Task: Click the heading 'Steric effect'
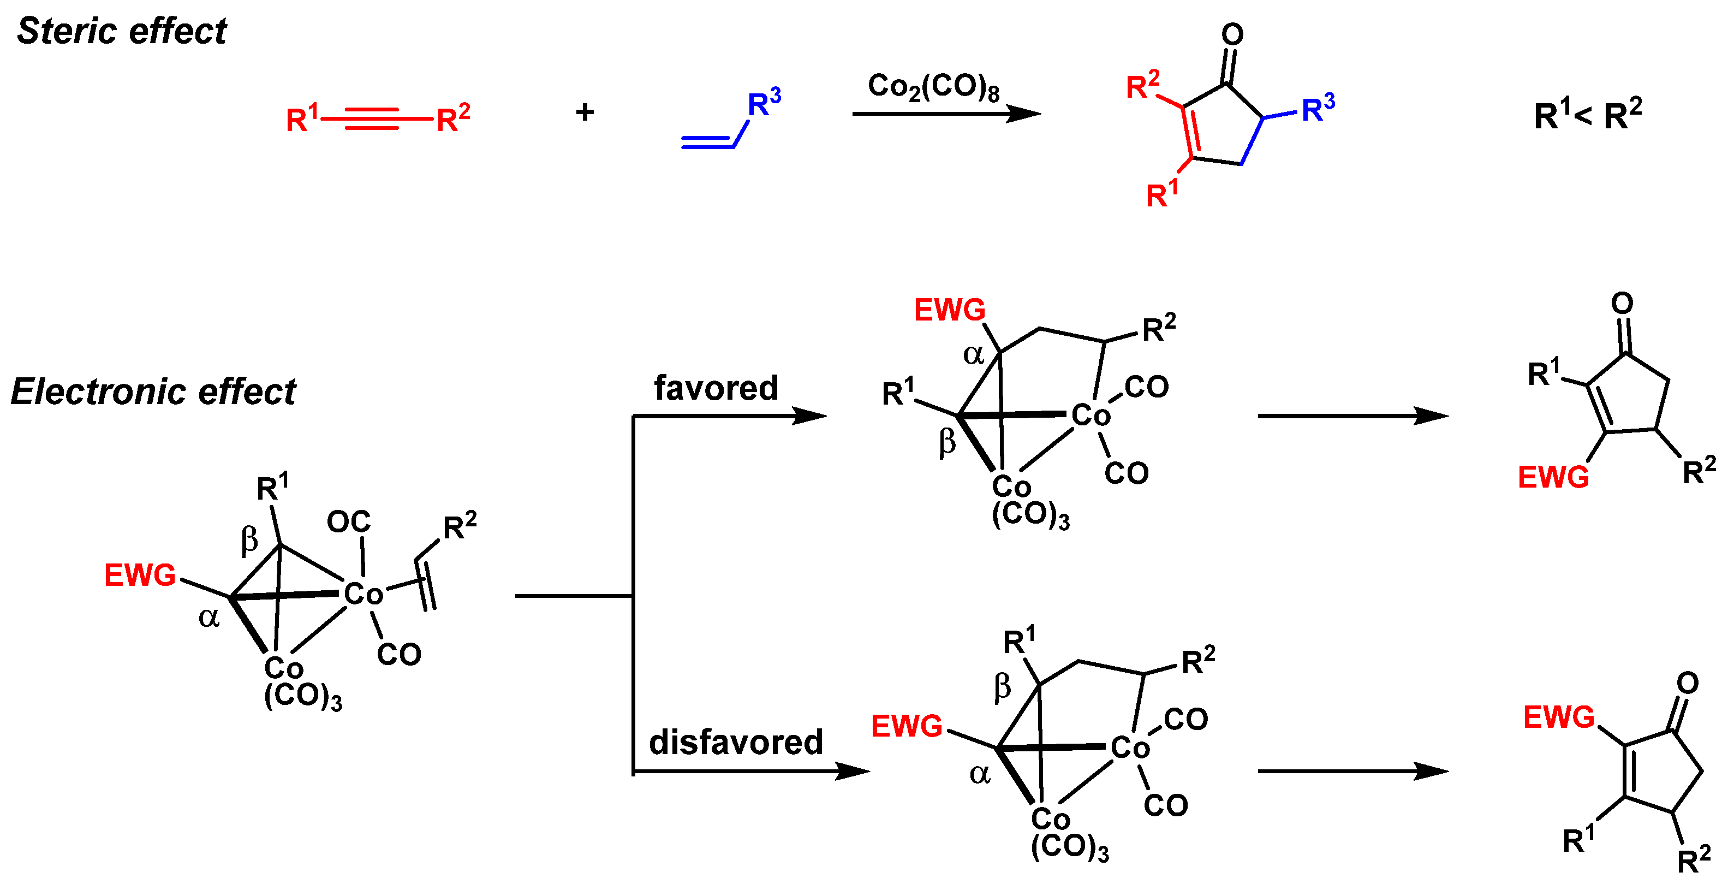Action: click(x=122, y=31)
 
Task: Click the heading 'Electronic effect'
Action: click(x=153, y=392)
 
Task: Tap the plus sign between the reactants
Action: click(x=585, y=112)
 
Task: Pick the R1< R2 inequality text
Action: click(x=1587, y=115)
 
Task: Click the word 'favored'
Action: click(x=716, y=388)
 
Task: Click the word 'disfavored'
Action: click(x=735, y=742)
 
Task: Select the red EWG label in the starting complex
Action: click(x=139, y=575)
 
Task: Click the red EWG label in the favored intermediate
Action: click(x=949, y=310)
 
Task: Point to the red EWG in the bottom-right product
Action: click(x=1558, y=717)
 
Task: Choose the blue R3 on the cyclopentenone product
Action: click(x=1318, y=108)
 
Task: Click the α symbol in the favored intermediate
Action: click(x=973, y=354)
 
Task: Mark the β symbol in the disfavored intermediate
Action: click(x=1002, y=687)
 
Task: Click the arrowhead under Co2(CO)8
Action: click(x=1023, y=114)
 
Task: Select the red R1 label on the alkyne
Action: click(x=302, y=118)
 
